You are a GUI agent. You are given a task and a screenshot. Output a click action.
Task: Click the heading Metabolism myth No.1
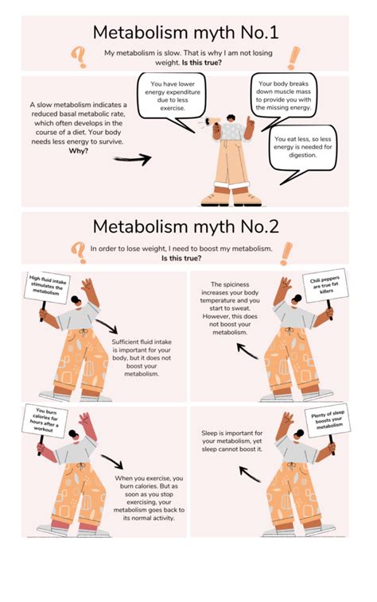pyautogui.click(x=185, y=33)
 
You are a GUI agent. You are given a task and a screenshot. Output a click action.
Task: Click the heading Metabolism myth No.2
pyautogui.click(x=185, y=226)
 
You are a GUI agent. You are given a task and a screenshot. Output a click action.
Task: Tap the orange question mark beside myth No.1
pyautogui.click(x=79, y=56)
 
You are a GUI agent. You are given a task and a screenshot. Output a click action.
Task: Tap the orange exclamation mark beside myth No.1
pyautogui.click(x=293, y=57)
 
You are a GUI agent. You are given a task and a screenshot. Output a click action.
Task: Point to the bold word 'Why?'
pyautogui.click(x=79, y=151)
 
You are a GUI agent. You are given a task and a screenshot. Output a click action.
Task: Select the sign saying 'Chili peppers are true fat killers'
pyautogui.click(x=326, y=290)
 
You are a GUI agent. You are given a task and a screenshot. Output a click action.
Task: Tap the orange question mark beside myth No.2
pyautogui.click(x=79, y=251)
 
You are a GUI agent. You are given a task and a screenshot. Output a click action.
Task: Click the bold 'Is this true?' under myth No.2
pyautogui.click(x=185, y=259)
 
